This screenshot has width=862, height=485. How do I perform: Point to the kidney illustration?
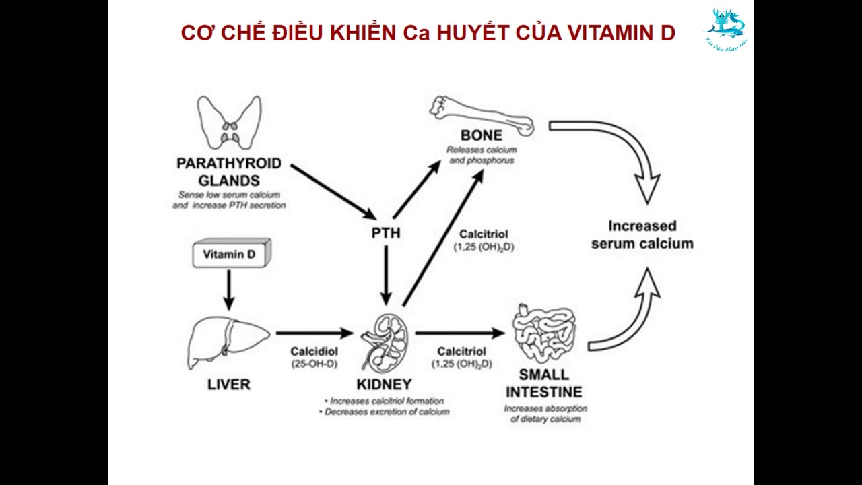tap(385, 341)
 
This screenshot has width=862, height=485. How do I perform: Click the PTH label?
tap(386, 233)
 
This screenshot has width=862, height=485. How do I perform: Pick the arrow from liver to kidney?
tap(314, 333)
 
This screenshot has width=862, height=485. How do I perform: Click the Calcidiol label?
tap(314, 351)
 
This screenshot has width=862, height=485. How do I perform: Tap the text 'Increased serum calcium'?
tap(642, 234)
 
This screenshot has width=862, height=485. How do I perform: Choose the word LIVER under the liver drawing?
tap(228, 385)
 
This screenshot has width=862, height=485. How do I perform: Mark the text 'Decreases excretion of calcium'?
tap(387, 411)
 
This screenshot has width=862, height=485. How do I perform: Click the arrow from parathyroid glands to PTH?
tap(333, 191)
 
